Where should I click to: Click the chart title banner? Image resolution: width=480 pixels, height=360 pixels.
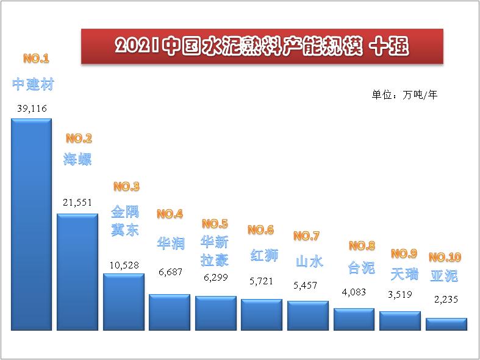[x=262, y=46]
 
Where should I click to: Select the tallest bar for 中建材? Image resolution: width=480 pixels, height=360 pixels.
[x=31, y=223]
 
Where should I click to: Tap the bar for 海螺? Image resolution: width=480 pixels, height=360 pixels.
[x=77, y=272]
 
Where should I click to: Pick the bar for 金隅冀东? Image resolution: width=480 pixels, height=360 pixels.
[x=124, y=301]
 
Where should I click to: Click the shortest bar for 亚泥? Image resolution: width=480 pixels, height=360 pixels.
[x=446, y=324]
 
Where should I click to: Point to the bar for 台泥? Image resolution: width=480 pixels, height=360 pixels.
[x=354, y=319]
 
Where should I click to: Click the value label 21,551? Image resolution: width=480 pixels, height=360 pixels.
[x=77, y=202]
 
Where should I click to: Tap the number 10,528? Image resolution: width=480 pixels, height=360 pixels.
[x=124, y=265]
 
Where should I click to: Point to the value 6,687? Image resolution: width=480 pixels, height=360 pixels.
[x=170, y=272]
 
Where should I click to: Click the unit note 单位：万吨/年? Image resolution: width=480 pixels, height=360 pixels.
[x=404, y=95]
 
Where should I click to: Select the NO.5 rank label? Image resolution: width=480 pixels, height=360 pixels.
[x=215, y=223]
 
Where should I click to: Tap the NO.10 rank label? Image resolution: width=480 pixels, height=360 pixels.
[x=445, y=257]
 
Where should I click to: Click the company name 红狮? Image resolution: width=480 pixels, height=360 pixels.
[x=264, y=255]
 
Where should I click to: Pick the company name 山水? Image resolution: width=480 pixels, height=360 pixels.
[x=309, y=261]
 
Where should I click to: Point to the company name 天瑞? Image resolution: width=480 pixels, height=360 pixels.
[x=404, y=273]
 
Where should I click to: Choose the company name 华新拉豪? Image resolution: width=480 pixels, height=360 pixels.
[x=215, y=251]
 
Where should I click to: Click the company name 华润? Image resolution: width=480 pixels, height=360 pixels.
[x=170, y=243]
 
